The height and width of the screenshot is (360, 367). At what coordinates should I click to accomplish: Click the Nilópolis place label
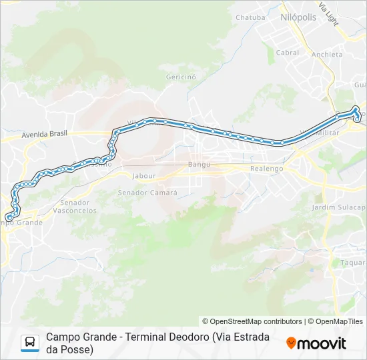pos(298,17)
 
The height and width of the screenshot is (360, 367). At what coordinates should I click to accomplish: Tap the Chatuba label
pos(251,17)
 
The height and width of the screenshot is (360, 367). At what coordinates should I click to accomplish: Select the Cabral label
pos(288,53)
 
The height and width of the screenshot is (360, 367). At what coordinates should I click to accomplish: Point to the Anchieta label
pos(327,55)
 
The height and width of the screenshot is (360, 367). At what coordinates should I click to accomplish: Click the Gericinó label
pos(181,77)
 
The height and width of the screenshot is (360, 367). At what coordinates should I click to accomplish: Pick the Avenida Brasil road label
pos(45,134)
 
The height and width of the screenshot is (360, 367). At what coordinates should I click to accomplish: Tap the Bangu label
pos(199,164)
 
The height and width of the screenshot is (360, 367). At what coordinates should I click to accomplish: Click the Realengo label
pos(266,169)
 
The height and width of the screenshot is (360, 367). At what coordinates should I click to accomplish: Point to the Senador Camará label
pos(147,193)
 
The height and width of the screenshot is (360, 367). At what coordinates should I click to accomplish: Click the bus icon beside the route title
pos(30,343)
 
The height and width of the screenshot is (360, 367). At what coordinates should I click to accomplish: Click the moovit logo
pos(316,343)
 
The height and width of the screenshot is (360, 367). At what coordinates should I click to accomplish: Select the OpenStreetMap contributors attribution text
pos(252,321)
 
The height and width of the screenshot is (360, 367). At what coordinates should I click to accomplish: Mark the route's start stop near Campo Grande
pos(9,217)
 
